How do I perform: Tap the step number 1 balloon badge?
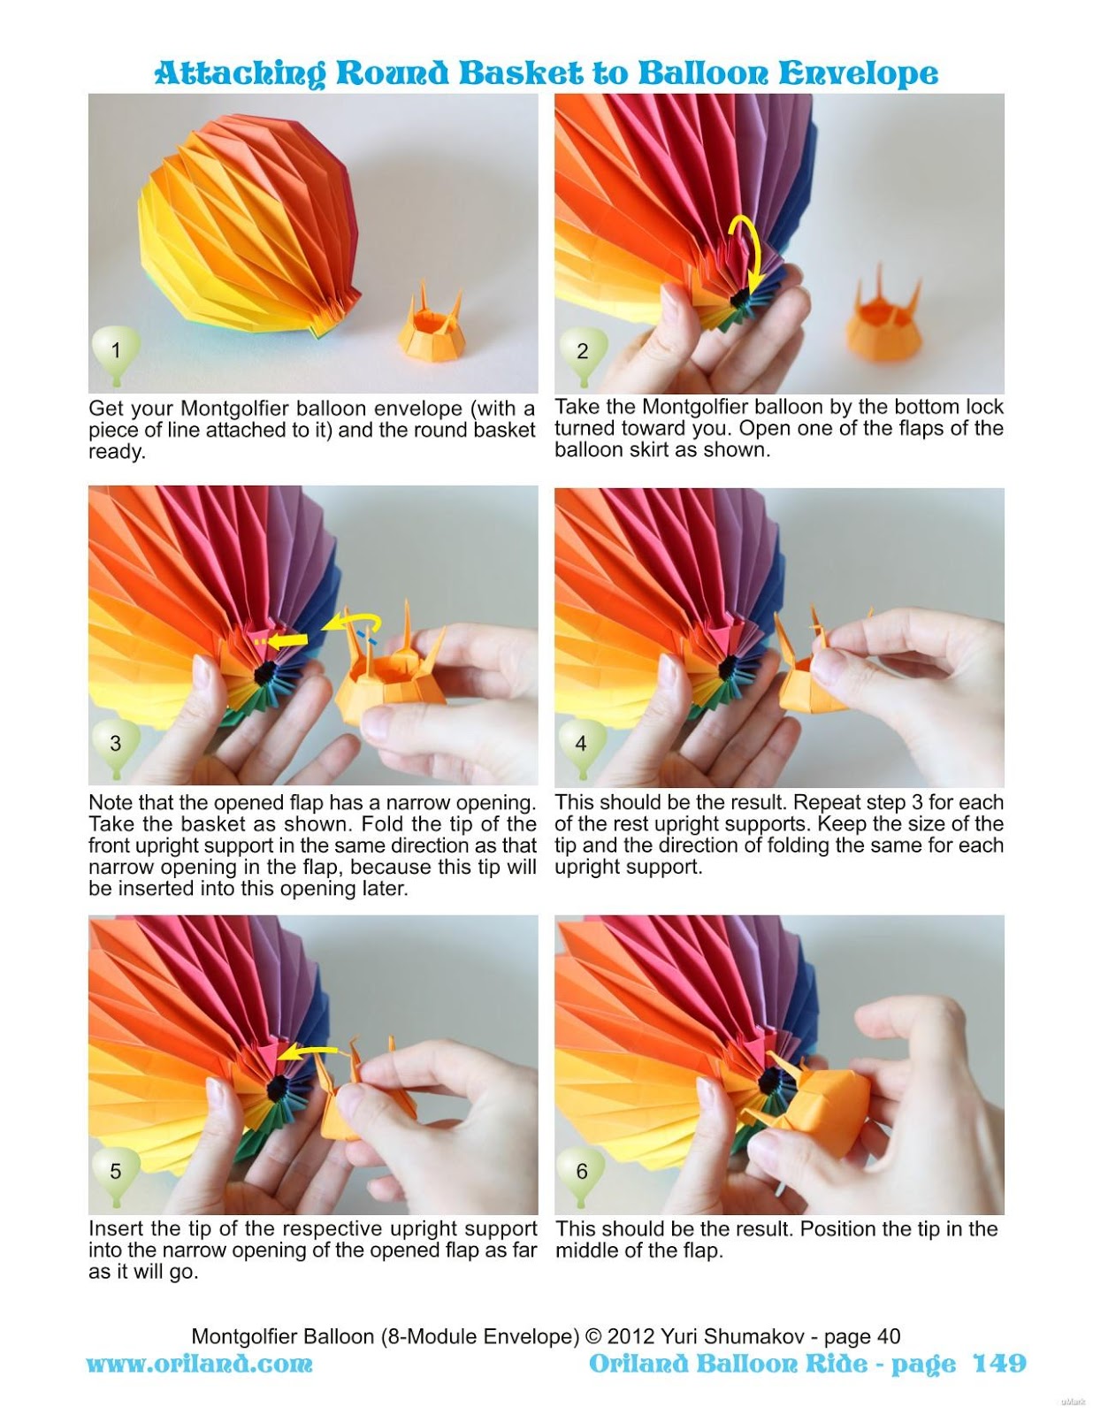115,351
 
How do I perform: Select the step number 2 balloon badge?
582,351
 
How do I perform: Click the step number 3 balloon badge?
115,743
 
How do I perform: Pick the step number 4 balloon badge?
581,744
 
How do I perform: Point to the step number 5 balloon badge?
115,1171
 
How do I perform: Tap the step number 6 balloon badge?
581,1171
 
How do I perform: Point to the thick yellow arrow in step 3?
287,639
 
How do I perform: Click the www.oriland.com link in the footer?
199,1363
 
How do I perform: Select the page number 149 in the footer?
999,1363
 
